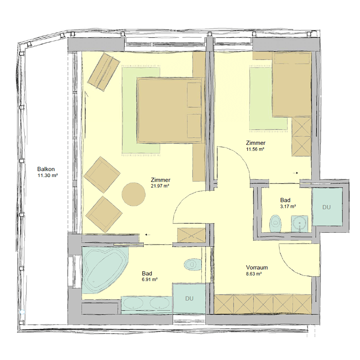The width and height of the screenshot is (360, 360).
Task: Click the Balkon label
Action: click(x=46, y=169)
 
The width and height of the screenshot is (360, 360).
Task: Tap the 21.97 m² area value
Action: click(x=160, y=186)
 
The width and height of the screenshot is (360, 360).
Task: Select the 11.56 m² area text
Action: click(x=255, y=149)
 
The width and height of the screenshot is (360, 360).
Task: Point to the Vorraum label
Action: click(x=257, y=268)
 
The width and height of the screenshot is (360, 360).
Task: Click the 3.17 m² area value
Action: click(x=288, y=206)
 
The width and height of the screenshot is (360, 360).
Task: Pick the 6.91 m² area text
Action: click(x=150, y=280)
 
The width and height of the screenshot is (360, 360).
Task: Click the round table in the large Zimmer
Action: click(x=133, y=194)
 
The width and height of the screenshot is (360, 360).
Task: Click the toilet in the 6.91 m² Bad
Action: click(x=192, y=264)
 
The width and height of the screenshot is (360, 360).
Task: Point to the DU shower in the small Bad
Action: click(x=326, y=207)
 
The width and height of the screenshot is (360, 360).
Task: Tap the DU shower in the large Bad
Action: click(x=189, y=299)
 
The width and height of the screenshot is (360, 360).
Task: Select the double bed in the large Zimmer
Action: click(x=169, y=110)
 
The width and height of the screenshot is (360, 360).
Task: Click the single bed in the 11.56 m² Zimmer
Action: click(x=291, y=84)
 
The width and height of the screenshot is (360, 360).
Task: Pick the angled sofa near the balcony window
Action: click(x=104, y=72)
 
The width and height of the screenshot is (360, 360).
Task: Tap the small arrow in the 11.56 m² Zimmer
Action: click(x=296, y=173)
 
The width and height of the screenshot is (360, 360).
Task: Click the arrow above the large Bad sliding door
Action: click(x=148, y=235)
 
